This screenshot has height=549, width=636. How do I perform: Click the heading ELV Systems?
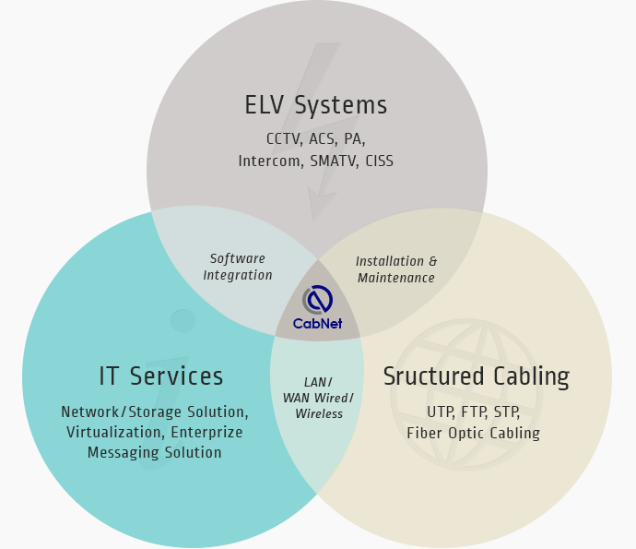[x=316, y=105]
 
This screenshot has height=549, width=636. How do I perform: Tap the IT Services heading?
[x=161, y=376]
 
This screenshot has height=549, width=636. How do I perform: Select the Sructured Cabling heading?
[x=477, y=376]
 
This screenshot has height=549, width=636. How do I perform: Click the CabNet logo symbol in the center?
[x=318, y=300]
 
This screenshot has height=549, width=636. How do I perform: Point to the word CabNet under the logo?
[x=318, y=324]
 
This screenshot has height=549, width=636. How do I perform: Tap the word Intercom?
[x=271, y=161]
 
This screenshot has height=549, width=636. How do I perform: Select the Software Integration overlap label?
[x=238, y=267]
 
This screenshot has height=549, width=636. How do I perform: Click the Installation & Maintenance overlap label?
[x=396, y=269]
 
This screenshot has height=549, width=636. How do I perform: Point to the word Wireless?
[x=319, y=413]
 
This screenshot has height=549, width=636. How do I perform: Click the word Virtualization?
[x=115, y=432]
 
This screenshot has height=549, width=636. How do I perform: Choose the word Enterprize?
[x=206, y=433]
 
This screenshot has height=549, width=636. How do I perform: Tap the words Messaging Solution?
[x=155, y=452]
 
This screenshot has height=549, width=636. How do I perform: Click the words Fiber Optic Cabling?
[x=474, y=433]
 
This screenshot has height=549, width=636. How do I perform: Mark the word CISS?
[x=379, y=161]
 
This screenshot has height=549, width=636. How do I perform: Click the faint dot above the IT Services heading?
[x=183, y=321]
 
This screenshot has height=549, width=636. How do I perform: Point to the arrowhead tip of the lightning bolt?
[x=313, y=220]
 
